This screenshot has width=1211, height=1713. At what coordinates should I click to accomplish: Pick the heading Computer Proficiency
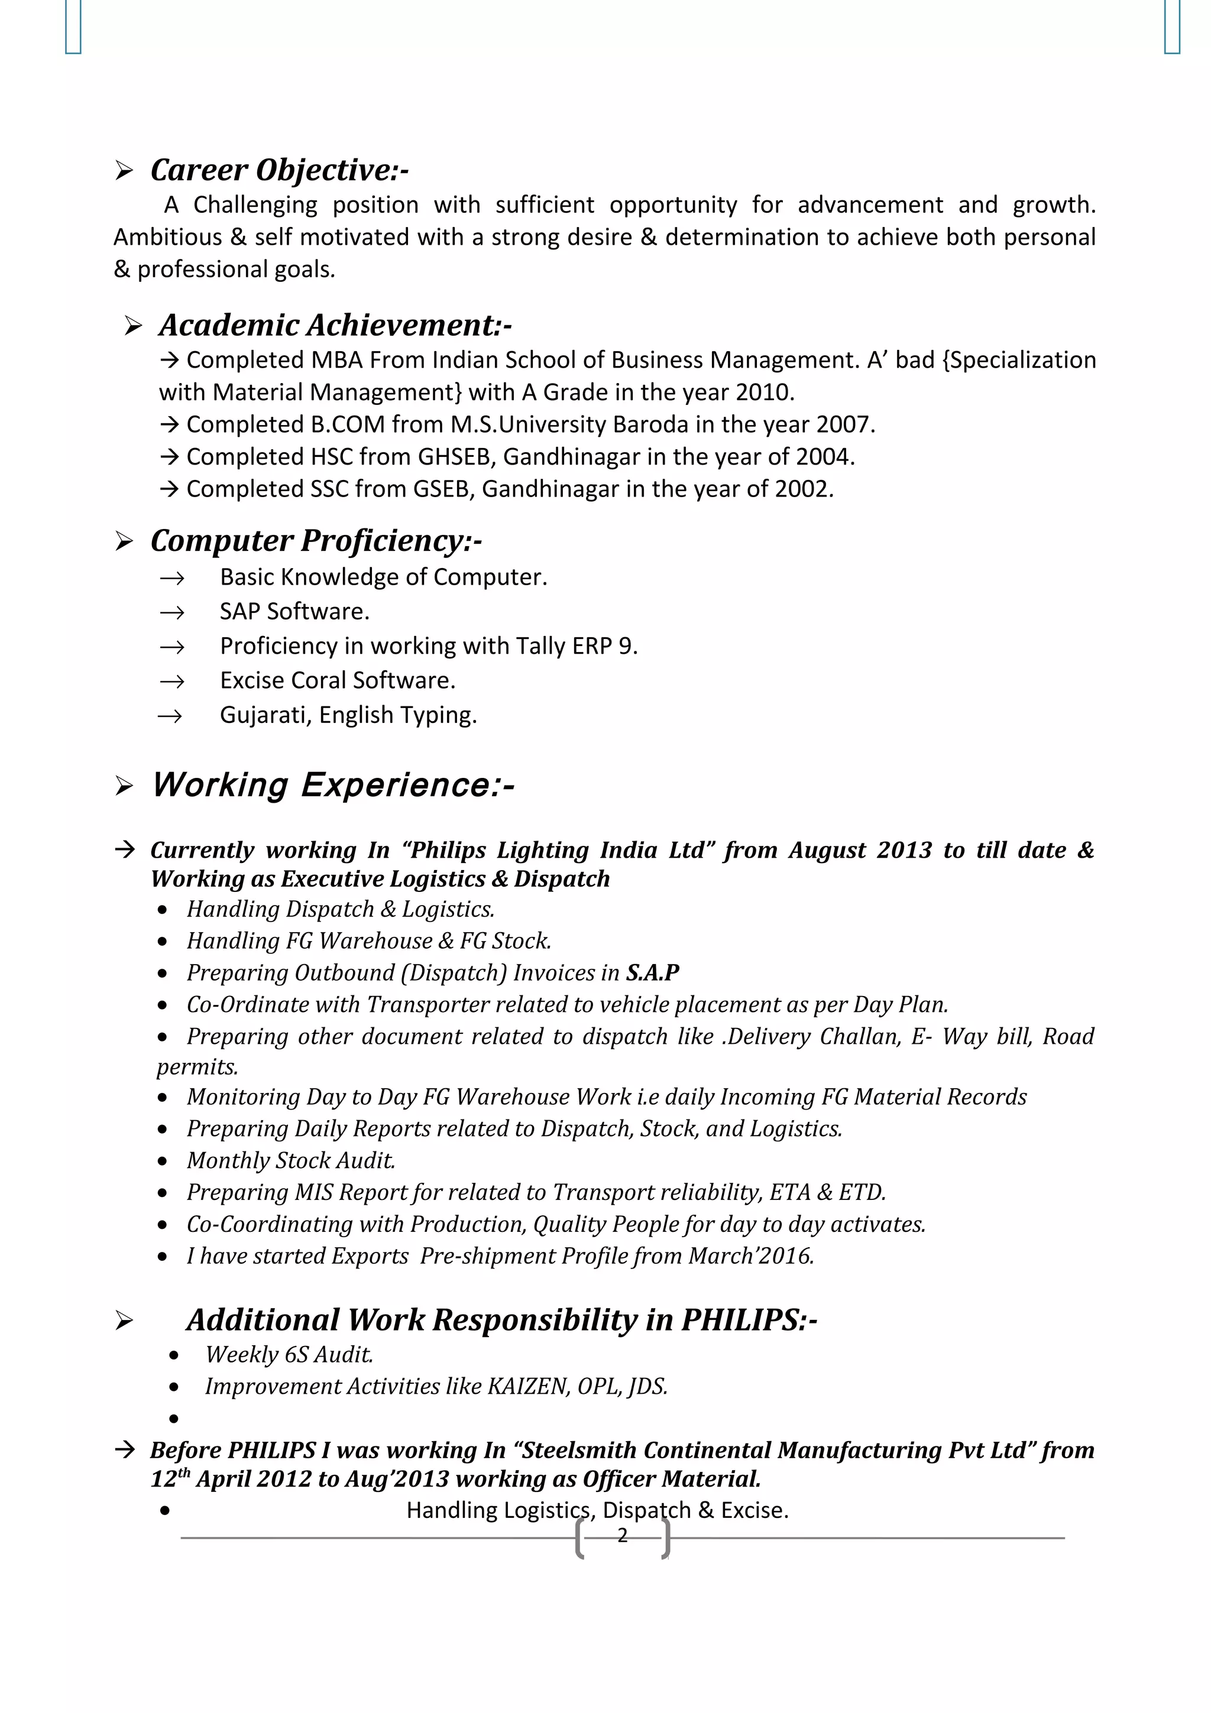coord(316,540)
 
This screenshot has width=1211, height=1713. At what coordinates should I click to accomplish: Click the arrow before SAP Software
coord(171,612)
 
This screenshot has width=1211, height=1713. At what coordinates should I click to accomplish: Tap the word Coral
coord(319,680)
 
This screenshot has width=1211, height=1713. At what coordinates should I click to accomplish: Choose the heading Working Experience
coord(333,785)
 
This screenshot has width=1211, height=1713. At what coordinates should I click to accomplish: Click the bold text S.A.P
coord(652,972)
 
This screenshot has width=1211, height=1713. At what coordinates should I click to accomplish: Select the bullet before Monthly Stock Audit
coord(163,1161)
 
